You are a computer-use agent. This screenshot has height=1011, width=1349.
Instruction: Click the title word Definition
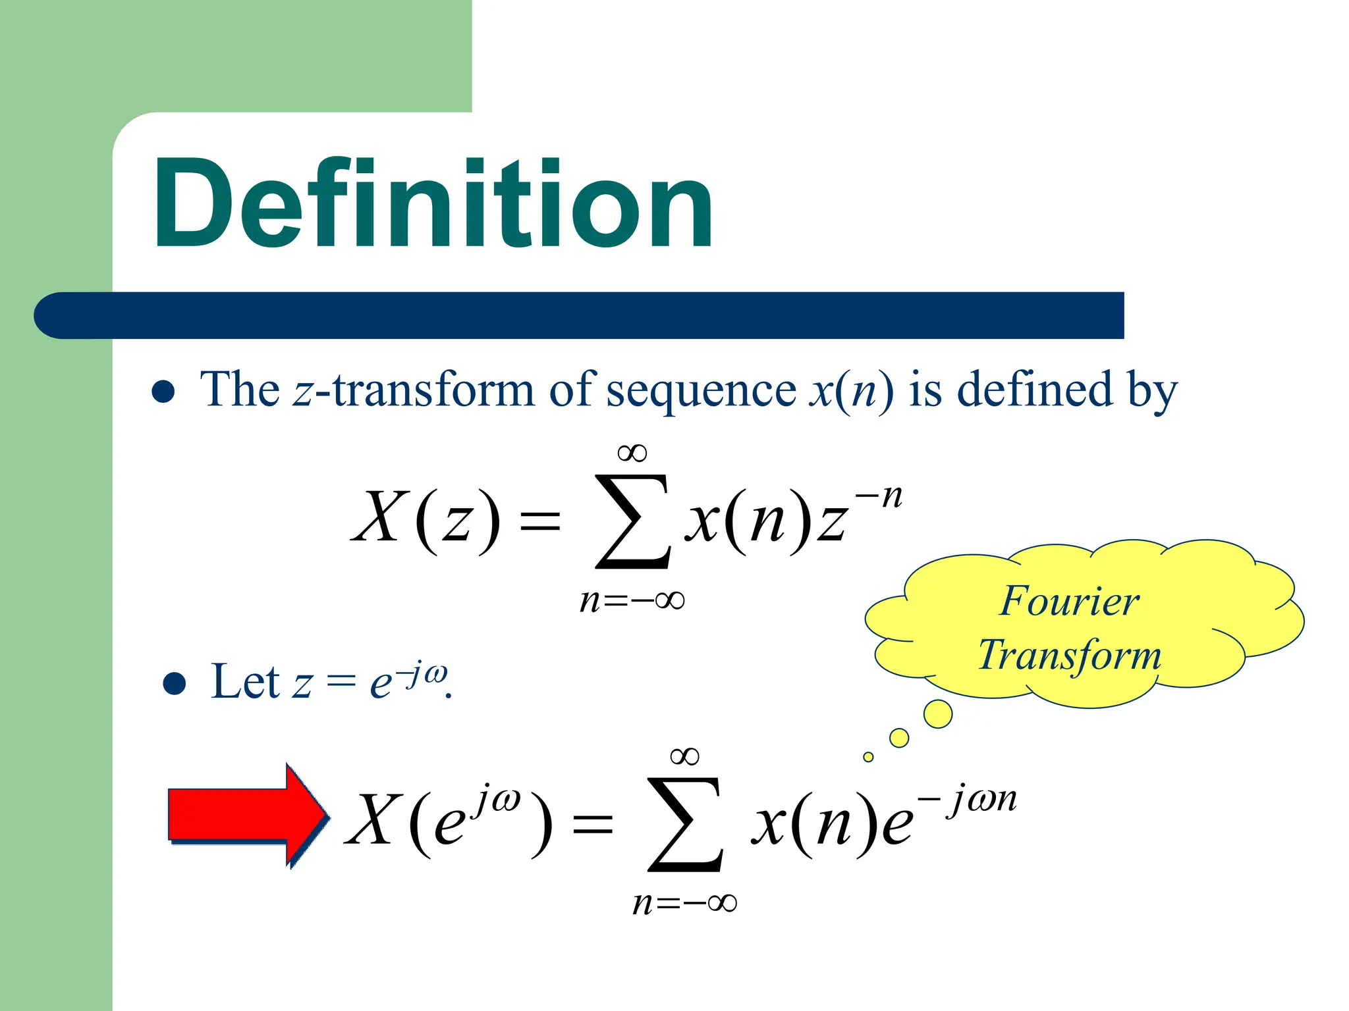click(x=433, y=204)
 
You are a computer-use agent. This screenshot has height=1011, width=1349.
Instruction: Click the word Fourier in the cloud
click(x=1069, y=601)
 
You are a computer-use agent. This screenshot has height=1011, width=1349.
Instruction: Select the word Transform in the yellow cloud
click(x=1069, y=655)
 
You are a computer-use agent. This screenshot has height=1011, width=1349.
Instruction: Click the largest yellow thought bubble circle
click(x=938, y=713)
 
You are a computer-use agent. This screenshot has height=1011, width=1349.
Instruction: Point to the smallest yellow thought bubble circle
click(x=868, y=757)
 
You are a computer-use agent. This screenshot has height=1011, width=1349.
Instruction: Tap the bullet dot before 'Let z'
click(x=174, y=683)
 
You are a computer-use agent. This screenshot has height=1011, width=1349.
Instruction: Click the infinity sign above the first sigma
click(x=632, y=453)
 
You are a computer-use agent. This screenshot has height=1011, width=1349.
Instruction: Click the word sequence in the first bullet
click(x=701, y=391)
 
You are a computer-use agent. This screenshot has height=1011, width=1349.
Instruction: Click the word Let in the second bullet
click(x=245, y=682)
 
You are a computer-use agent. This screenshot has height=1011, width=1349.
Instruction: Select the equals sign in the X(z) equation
click(x=540, y=523)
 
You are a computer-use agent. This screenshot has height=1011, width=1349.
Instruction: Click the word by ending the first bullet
click(x=1152, y=391)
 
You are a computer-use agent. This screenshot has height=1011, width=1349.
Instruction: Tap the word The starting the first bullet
click(x=240, y=390)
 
